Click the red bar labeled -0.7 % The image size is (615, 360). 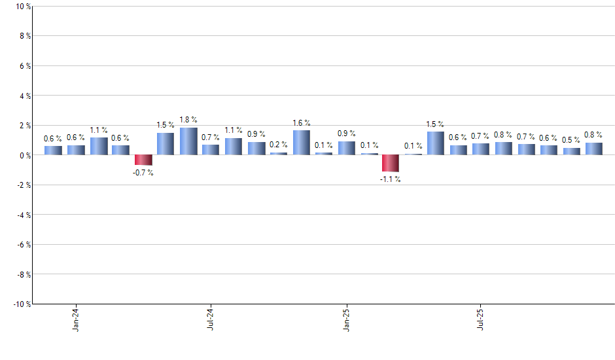143,160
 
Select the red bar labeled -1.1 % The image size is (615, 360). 391,163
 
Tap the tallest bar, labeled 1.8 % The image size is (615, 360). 188,141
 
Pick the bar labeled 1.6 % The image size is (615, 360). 301,143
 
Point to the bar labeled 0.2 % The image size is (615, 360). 279,153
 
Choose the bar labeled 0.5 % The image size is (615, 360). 571,151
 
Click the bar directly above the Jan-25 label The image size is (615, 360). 346,148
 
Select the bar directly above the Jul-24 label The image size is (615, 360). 211,150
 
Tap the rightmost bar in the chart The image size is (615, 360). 594,149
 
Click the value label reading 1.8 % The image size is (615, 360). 188,120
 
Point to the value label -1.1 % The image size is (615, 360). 391,179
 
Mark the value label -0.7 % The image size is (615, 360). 143,173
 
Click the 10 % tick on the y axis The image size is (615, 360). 24,7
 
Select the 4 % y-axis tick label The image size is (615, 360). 25,96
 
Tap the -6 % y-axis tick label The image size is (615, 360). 24,245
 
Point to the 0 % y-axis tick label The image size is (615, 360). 25,156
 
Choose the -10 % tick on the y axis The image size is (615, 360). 22,304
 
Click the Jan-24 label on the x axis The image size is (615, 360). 76,319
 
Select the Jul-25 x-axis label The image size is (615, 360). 481,319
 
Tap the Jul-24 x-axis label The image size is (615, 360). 211,319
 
